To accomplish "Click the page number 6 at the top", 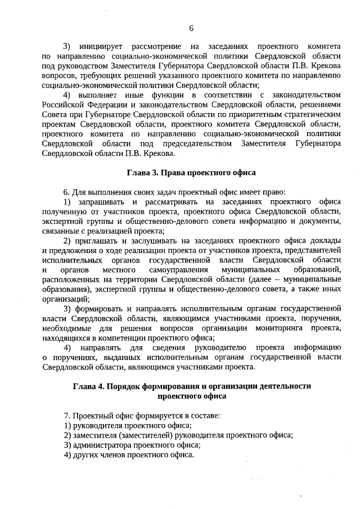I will tap(191, 29).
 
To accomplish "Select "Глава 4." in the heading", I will tap(88, 386).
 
